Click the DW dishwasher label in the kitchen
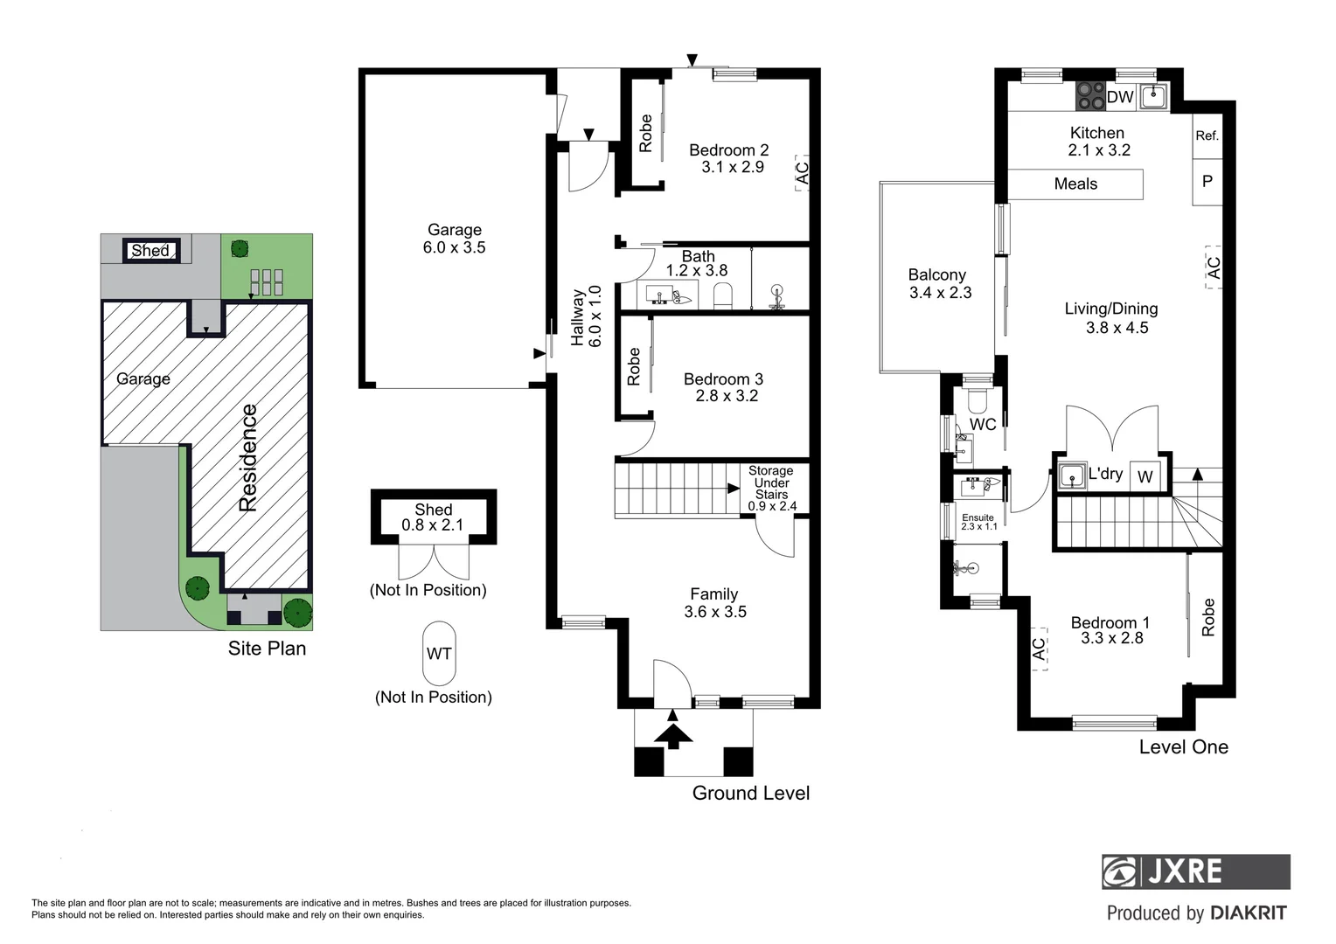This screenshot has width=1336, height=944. [1120, 97]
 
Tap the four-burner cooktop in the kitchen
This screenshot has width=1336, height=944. [1090, 96]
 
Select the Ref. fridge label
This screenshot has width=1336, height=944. [1207, 135]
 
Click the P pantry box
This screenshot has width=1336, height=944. [1207, 182]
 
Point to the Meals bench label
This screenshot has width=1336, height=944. [1075, 184]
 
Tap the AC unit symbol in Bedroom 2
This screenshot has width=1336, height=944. [802, 171]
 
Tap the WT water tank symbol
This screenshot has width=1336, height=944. [439, 654]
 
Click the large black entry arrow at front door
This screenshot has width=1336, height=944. [672, 731]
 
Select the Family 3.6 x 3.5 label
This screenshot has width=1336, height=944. [714, 603]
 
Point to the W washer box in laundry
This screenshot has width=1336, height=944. [1145, 477]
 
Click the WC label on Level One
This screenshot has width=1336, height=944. [983, 425]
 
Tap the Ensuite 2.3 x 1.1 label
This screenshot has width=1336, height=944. [978, 522]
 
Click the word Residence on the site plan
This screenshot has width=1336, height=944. [249, 458]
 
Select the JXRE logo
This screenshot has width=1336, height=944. [1195, 871]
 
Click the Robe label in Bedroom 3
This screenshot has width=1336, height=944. [634, 366]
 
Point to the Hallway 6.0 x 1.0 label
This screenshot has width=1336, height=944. [586, 316]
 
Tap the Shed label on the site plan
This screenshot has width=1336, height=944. [150, 251]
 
